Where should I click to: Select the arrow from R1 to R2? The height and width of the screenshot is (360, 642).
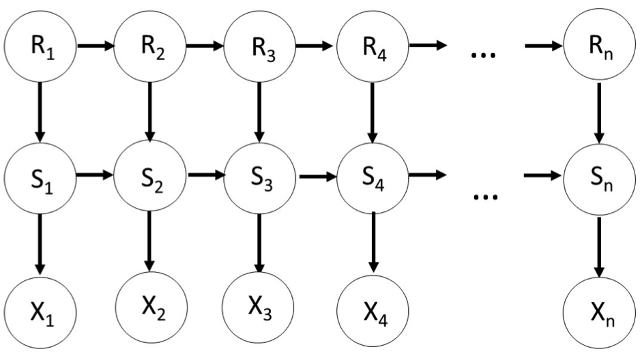pyautogui.click(x=95, y=46)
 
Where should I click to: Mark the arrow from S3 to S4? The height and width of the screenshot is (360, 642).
pyautogui.click(x=317, y=177)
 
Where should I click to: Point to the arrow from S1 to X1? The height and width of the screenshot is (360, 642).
pyautogui.click(x=40, y=241)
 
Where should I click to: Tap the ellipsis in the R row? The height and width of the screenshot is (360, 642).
pyautogui.click(x=484, y=54)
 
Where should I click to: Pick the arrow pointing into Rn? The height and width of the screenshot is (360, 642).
pyautogui.click(x=544, y=46)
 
